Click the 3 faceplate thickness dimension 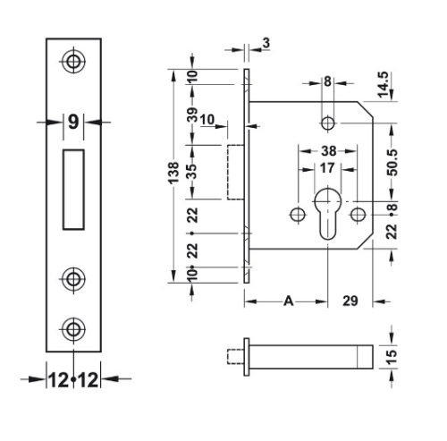(x=266, y=41)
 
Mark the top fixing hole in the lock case (x=327, y=122)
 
